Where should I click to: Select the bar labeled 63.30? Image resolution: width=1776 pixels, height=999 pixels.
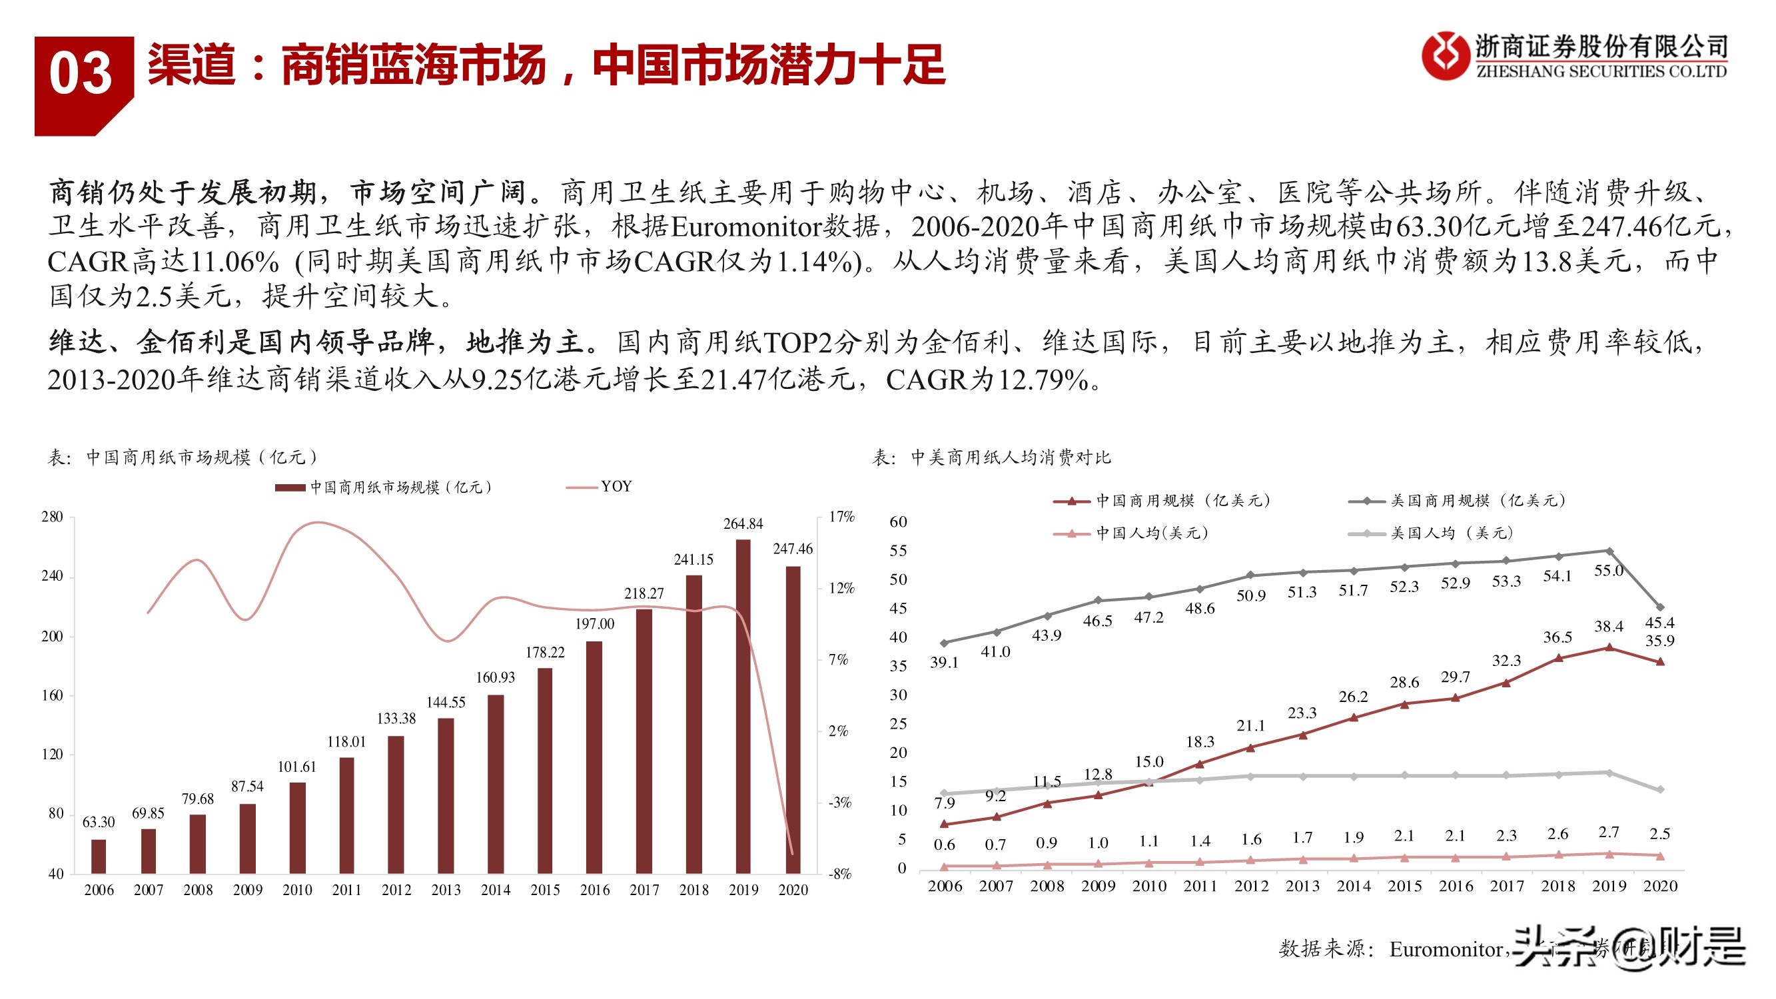[99, 856]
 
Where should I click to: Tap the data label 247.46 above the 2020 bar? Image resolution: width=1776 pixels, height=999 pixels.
[792, 549]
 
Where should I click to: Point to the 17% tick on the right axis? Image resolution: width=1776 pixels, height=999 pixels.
[841, 517]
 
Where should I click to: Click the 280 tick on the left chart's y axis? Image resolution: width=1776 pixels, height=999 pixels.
[52, 517]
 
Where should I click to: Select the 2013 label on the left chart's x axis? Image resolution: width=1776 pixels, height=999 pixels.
[446, 890]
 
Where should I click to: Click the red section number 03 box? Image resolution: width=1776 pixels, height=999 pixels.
[81, 76]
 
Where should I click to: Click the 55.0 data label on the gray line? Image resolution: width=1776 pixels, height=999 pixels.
[1609, 571]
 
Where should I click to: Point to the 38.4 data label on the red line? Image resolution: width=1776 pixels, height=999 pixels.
[1609, 627]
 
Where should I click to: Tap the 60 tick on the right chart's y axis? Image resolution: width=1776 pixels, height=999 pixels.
[897, 522]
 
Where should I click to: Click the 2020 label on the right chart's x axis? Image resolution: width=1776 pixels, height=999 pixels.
[1660, 886]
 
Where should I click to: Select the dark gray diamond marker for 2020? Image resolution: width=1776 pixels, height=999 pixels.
[1660, 607]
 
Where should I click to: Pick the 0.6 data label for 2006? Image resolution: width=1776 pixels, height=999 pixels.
[944, 844]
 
